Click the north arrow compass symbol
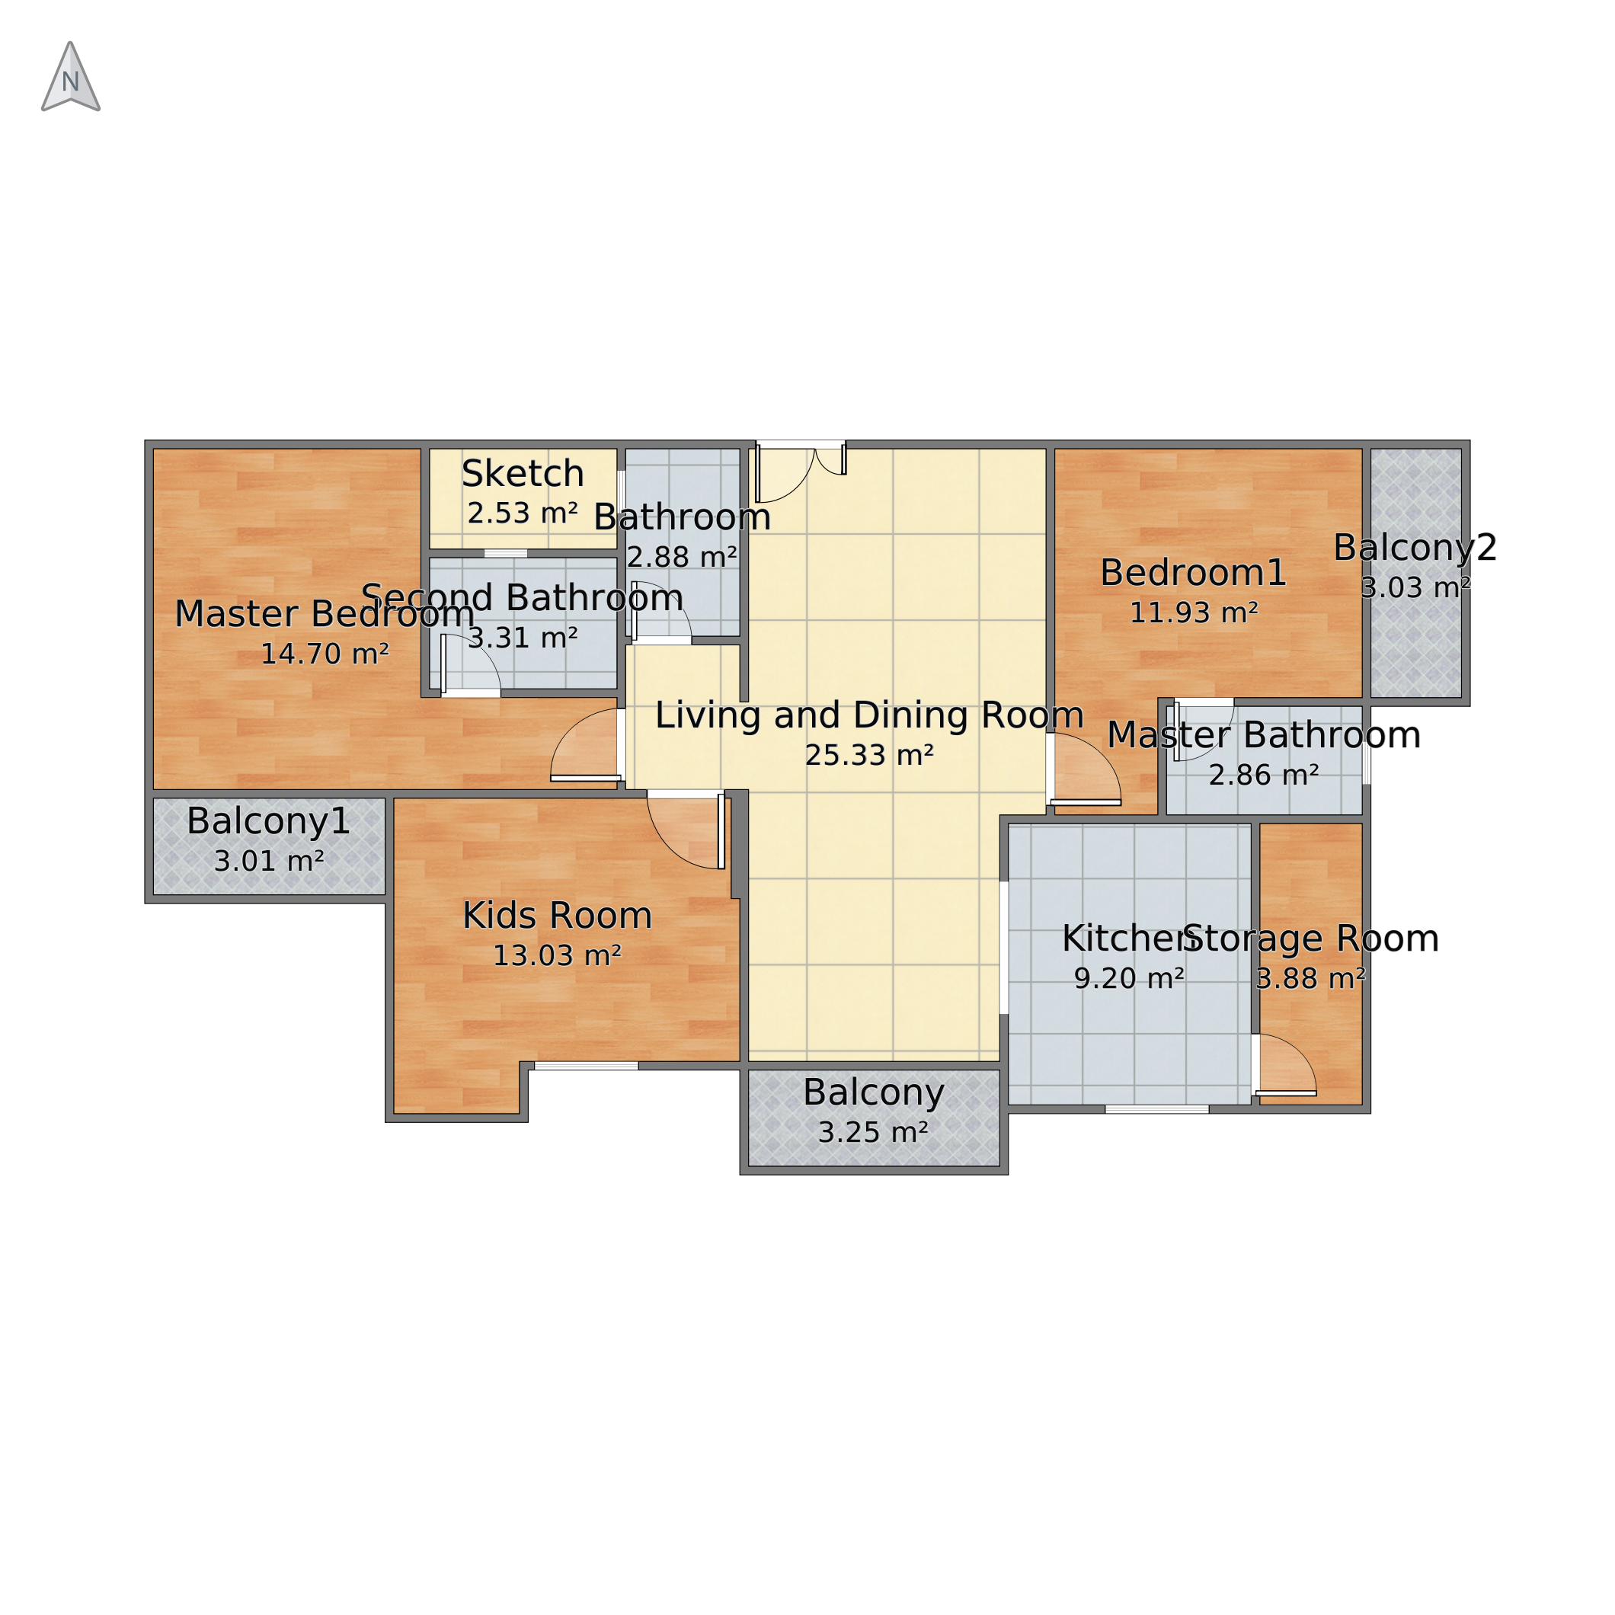71,77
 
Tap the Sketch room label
523,474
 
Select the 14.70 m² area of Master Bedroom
325,654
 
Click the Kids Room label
557,916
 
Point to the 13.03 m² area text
557,955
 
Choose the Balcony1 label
268,821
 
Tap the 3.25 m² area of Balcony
873,1133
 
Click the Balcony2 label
1415,548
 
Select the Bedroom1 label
1193,573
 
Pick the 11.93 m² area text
1193,612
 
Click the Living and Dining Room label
869,715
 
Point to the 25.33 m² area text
869,756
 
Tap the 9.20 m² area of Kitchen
1128,979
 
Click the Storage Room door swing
1287,1064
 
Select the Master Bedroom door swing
584,745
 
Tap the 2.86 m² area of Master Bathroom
1263,776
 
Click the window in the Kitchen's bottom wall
1156,1109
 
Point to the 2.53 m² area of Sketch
523,513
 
